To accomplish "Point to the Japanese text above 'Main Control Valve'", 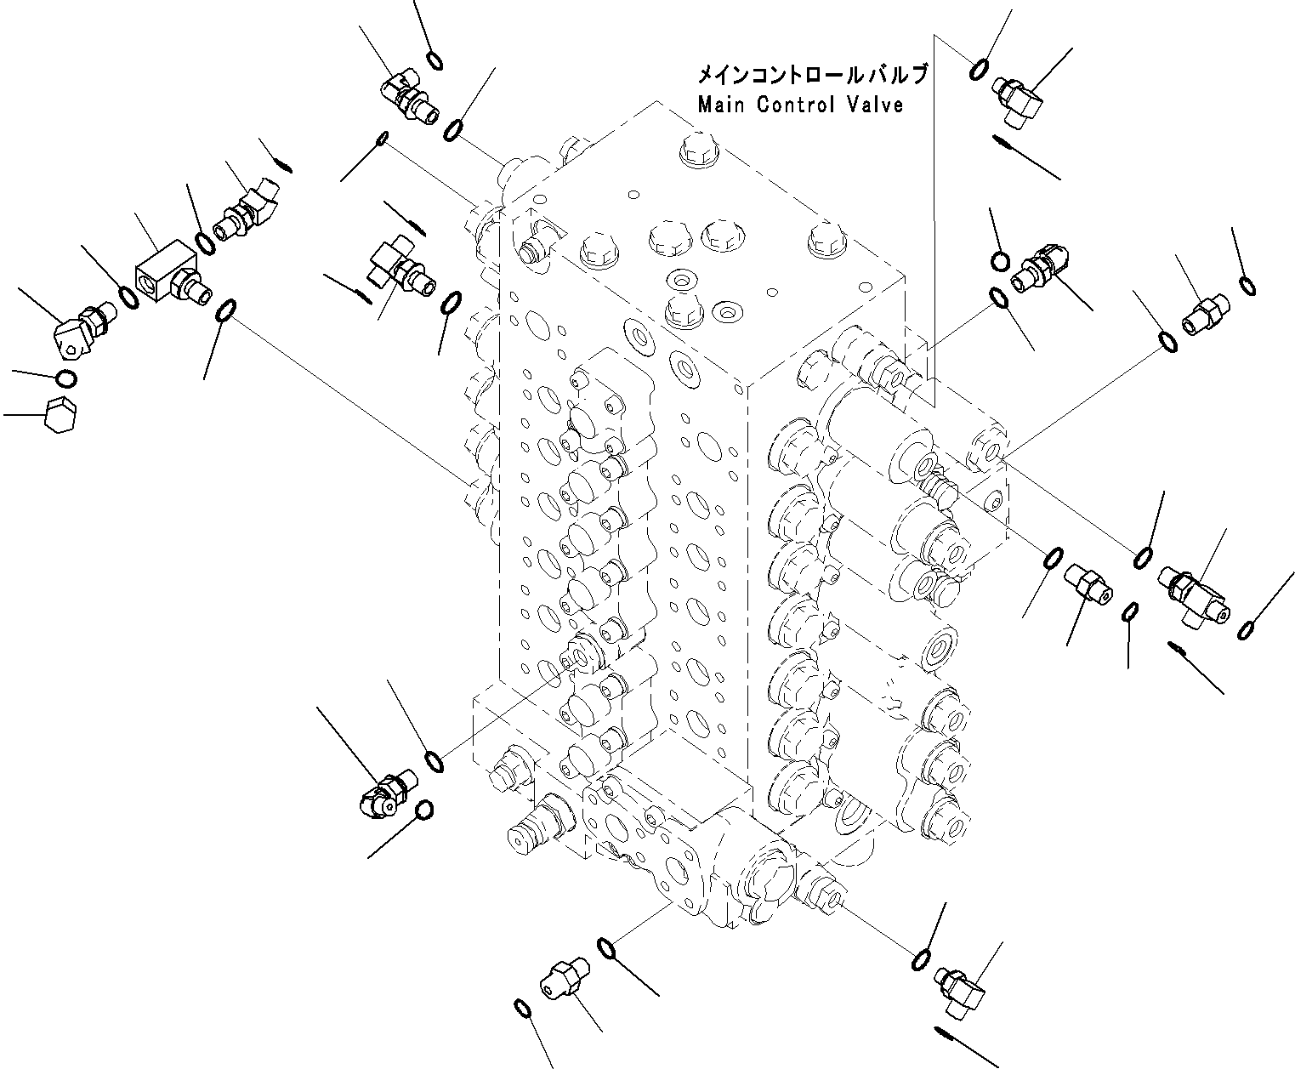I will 811,76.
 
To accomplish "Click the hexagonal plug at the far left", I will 63,414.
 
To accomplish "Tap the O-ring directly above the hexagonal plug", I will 65,378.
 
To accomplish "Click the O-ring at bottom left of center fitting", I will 524,1009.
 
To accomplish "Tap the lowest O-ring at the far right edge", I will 1246,629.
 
